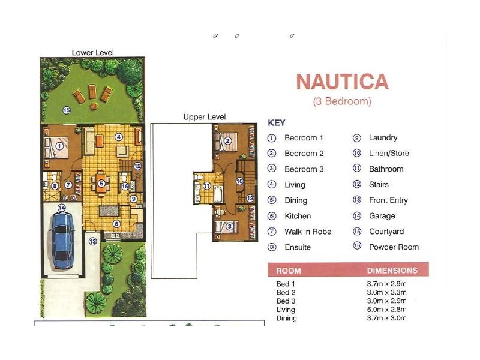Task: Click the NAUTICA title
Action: pyautogui.click(x=342, y=82)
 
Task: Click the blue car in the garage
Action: pyautogui.click(x=62, y=240)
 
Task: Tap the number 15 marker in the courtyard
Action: pyautogui.click(x=67, y=110)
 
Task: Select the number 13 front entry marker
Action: pyautogui.click(x=92, y=242)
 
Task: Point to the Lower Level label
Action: pyautogui.click(x=93, y=53)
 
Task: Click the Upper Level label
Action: pyautogui.click(x=205, y=117)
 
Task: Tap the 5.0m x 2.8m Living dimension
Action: pyautogui.click(x=386, y=310)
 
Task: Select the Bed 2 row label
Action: pyautogui.click(x=286, y=293)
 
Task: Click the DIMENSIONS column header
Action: pyautogui.click(x=392, y=271)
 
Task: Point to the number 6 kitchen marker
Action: pyautogui.click(x=116, y=224)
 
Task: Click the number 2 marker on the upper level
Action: pyautogui.click(x=227, y=141)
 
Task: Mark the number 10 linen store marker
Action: pyautogui.click(x=239, y=181)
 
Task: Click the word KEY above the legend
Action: pyautogui.click(x=277, y=123)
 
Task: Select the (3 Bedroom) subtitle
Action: pyautogui.click(x=342, y=101)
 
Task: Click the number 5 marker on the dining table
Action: pyautogui.click(x=101, y=184)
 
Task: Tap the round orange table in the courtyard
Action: pyautogui.click(x=94, y=106)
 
